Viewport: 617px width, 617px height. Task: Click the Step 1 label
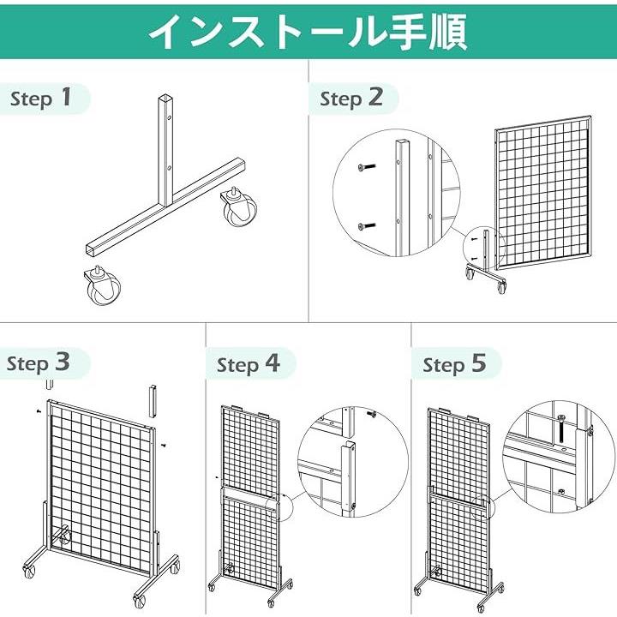tap(41, 98)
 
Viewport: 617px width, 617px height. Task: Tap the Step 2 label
tap(351, 98)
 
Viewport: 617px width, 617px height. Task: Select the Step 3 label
tap(39, 362)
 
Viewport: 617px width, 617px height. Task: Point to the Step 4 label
tap(249, 364)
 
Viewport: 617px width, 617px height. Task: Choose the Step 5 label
tap(454, 364)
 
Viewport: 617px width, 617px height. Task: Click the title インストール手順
tap(308, 32)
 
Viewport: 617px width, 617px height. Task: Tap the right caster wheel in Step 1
tap(239, 207)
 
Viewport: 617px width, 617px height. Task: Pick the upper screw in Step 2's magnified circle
tap(367, 167)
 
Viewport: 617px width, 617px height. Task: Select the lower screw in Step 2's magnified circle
tap(367, 226)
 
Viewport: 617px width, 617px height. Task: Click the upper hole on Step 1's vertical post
tap(169, 117)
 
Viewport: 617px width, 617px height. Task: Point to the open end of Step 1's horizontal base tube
tap(92, 250)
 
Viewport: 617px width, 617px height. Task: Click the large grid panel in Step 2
tap(544, 193)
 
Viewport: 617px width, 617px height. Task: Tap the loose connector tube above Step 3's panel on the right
tap(153, 401)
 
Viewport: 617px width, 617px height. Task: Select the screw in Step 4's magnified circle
tap(371, 414)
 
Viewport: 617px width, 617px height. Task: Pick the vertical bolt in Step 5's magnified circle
tap(561, 430)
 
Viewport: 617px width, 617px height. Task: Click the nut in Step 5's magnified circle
tap(560, 491)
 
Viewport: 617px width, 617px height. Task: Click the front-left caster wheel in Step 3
tap(29, 571)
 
